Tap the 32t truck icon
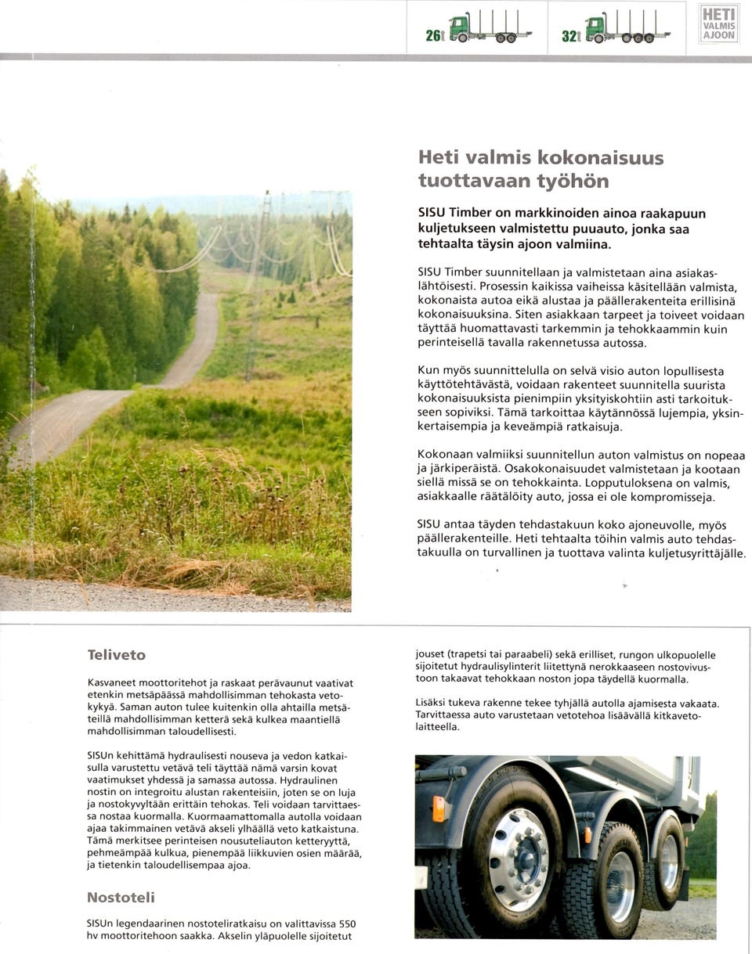(627, 29)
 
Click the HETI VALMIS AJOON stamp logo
(718, 23)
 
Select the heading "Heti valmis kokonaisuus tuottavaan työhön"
(540, 167)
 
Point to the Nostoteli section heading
(121, 897)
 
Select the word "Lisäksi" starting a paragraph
(432, 704)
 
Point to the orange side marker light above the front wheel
(438, 809)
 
